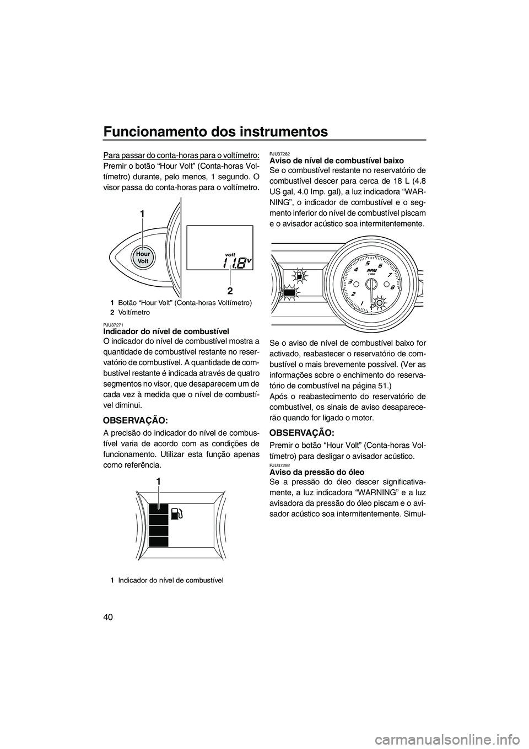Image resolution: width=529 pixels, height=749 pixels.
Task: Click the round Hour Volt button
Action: [x=143, y=257]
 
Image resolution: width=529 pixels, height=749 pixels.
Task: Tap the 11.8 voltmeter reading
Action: [x=234, y=263]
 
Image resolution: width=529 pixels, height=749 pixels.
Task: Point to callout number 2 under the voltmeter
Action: [x=230, y=290]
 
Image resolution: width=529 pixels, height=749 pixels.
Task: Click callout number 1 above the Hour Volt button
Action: [x=142, y=213]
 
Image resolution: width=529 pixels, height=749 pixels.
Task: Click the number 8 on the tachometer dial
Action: [x=392, y=287]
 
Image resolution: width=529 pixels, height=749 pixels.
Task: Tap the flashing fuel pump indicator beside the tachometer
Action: [x=299, y=276]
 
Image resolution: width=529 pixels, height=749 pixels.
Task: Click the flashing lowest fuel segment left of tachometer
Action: [x=289, y=292]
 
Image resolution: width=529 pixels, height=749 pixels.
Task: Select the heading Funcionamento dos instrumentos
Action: [x=215, y=132]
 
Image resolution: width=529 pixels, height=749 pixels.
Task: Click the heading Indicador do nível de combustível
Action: [x=166, y=331]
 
